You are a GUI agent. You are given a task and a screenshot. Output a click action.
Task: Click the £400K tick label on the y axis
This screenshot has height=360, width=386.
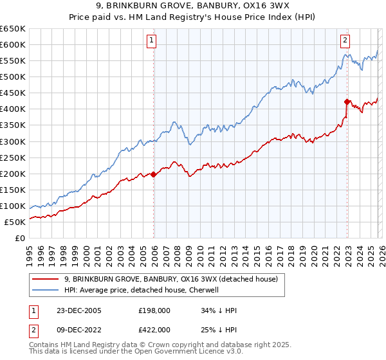(x=13, y=109)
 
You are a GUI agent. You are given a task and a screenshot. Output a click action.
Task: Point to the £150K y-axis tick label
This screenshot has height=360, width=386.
(x=13, y=190)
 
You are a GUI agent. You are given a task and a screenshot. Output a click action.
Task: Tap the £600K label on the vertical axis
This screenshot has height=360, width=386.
(x=13, y=44)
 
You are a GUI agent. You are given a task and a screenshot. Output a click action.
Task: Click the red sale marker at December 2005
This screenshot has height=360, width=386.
(x=154, y=174)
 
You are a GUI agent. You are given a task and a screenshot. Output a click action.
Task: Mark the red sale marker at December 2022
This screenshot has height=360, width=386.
(x=347, y=101)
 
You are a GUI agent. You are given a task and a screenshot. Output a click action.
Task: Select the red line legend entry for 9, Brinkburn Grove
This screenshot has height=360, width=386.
(x=170, y=279)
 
